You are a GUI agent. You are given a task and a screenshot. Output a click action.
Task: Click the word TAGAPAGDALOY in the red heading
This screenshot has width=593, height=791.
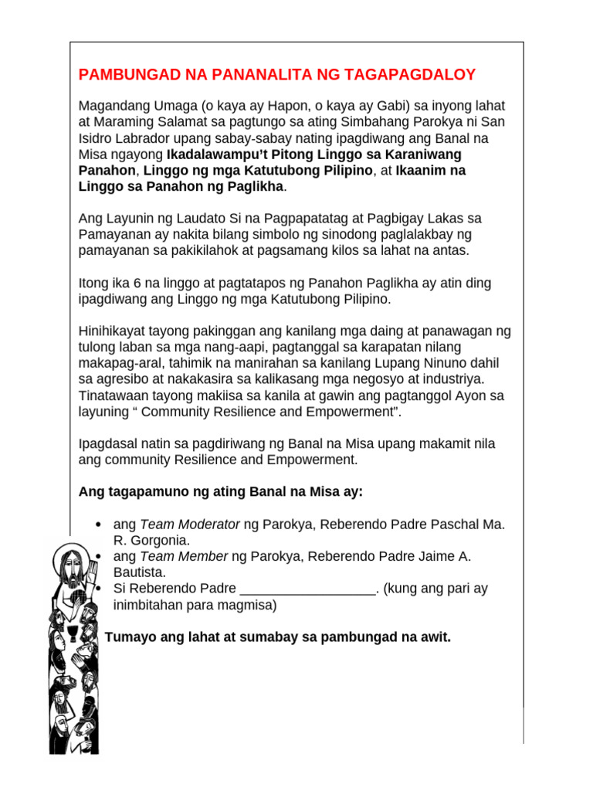pos(415,75)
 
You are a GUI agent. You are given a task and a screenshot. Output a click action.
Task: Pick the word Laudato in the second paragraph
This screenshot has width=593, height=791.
pos(183,219)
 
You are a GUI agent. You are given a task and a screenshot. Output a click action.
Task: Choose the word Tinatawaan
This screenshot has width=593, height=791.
pos(114,395)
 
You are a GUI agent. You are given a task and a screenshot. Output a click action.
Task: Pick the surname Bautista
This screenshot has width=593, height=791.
pos(140,572)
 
